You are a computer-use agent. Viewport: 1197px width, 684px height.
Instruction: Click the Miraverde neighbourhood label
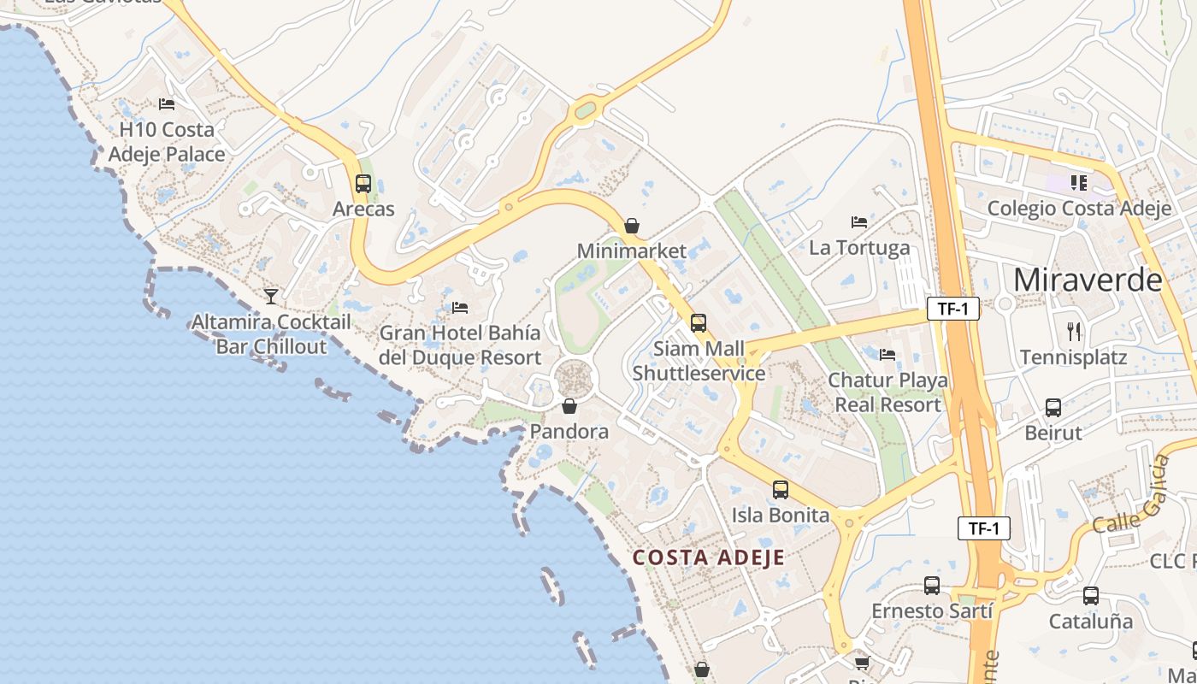click(1088, 280)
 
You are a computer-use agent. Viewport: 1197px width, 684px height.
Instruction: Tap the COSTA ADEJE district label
click(709, 558)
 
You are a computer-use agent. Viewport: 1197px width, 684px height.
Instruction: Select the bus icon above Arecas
click(363, 183)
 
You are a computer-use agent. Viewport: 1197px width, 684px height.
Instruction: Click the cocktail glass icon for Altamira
click(271, 297)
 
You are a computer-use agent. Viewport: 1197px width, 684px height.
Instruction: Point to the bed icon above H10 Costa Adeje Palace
click(167, 104)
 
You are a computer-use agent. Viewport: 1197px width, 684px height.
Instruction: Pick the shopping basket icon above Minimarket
click(631, 226)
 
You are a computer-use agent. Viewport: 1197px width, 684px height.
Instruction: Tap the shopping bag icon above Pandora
click(569, 406)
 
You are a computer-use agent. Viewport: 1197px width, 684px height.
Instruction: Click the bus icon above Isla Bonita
click(781, 490)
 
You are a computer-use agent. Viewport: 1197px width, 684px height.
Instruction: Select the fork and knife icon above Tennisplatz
click(1074, 332)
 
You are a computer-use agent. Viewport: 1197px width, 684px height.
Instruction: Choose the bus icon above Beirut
click(1053, 408)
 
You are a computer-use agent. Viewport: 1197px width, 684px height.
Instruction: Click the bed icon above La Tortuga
click(859, 222)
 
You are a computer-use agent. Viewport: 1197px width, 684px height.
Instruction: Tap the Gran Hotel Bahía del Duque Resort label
click(460, 345)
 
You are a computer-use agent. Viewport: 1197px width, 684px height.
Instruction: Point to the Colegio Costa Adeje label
click(1079, 209)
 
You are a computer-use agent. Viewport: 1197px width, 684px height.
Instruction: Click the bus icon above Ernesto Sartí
click(932, 586)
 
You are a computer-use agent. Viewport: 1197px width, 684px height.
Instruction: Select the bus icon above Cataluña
click(1091, 596)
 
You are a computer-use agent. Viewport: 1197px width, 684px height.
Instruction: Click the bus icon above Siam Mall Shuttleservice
click(699, 323)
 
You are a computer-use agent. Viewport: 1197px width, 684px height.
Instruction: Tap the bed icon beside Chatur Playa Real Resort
click(887, 355)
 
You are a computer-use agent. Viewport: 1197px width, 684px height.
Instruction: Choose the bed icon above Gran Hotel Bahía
click(460, 308)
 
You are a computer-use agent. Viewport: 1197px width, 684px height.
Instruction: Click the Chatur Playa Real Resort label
click(887, 392)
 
